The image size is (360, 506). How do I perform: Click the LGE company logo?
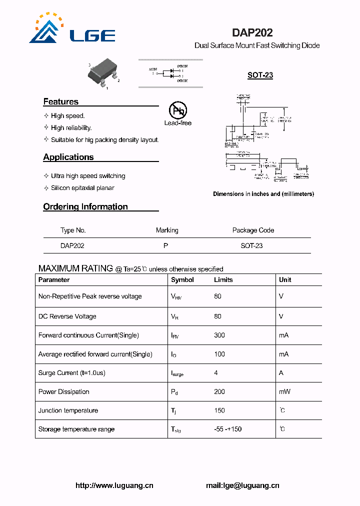(x=72, y=29)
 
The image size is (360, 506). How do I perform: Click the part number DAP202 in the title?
(x=252, y=32)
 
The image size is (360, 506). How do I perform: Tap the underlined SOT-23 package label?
(x=260, y=75)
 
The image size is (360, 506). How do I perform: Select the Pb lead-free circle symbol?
(x=177, y=110)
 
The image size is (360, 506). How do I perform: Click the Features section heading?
(x=61, y=101)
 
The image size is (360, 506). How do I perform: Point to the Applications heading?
(x=68, y=157)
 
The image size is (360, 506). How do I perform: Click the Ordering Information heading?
(x=85, y=206)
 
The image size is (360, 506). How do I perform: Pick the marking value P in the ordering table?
(x=165, y=246)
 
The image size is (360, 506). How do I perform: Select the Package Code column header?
(x=253, y=230)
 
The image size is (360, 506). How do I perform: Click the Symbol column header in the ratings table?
(x=182, y=280)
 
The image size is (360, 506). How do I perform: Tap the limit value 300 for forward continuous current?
(x=219, y=335)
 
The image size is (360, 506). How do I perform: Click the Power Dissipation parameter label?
(x=64, y=392)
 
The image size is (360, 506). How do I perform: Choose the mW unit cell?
(x=284, y=392)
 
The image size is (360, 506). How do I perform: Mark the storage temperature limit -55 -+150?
(x=228, y=429)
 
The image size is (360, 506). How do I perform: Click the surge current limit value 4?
(x=216, y=373)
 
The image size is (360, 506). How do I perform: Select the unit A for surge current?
(x=281, y=373)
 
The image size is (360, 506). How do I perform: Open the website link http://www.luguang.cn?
(x=114, y=485)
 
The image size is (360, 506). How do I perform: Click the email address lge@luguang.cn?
(x=242, y=485)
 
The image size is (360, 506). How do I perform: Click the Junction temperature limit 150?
(x=219, y=410)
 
